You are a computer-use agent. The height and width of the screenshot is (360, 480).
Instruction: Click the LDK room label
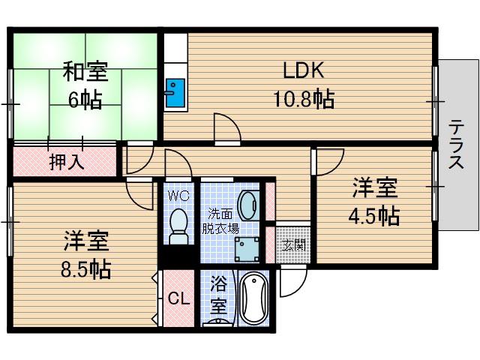303,70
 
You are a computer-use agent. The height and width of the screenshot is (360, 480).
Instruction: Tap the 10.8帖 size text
304,98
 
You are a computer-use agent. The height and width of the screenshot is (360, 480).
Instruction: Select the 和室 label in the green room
85,72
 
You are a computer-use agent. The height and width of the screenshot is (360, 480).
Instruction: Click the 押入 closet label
67,161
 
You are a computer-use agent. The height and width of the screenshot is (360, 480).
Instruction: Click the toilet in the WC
178,226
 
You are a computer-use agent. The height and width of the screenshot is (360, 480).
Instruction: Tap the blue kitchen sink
175,93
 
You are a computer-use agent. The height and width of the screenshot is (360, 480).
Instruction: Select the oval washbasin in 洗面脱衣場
248,205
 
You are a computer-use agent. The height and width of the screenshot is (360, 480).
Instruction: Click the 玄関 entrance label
293,245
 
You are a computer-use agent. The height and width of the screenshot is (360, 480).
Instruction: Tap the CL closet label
179,298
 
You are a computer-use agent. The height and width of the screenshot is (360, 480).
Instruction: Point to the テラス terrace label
456,144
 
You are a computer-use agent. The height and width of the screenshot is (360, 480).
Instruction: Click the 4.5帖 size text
374,216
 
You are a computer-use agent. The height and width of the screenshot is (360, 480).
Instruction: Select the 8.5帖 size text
85,269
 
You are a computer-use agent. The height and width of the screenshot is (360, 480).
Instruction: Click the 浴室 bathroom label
218,295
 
